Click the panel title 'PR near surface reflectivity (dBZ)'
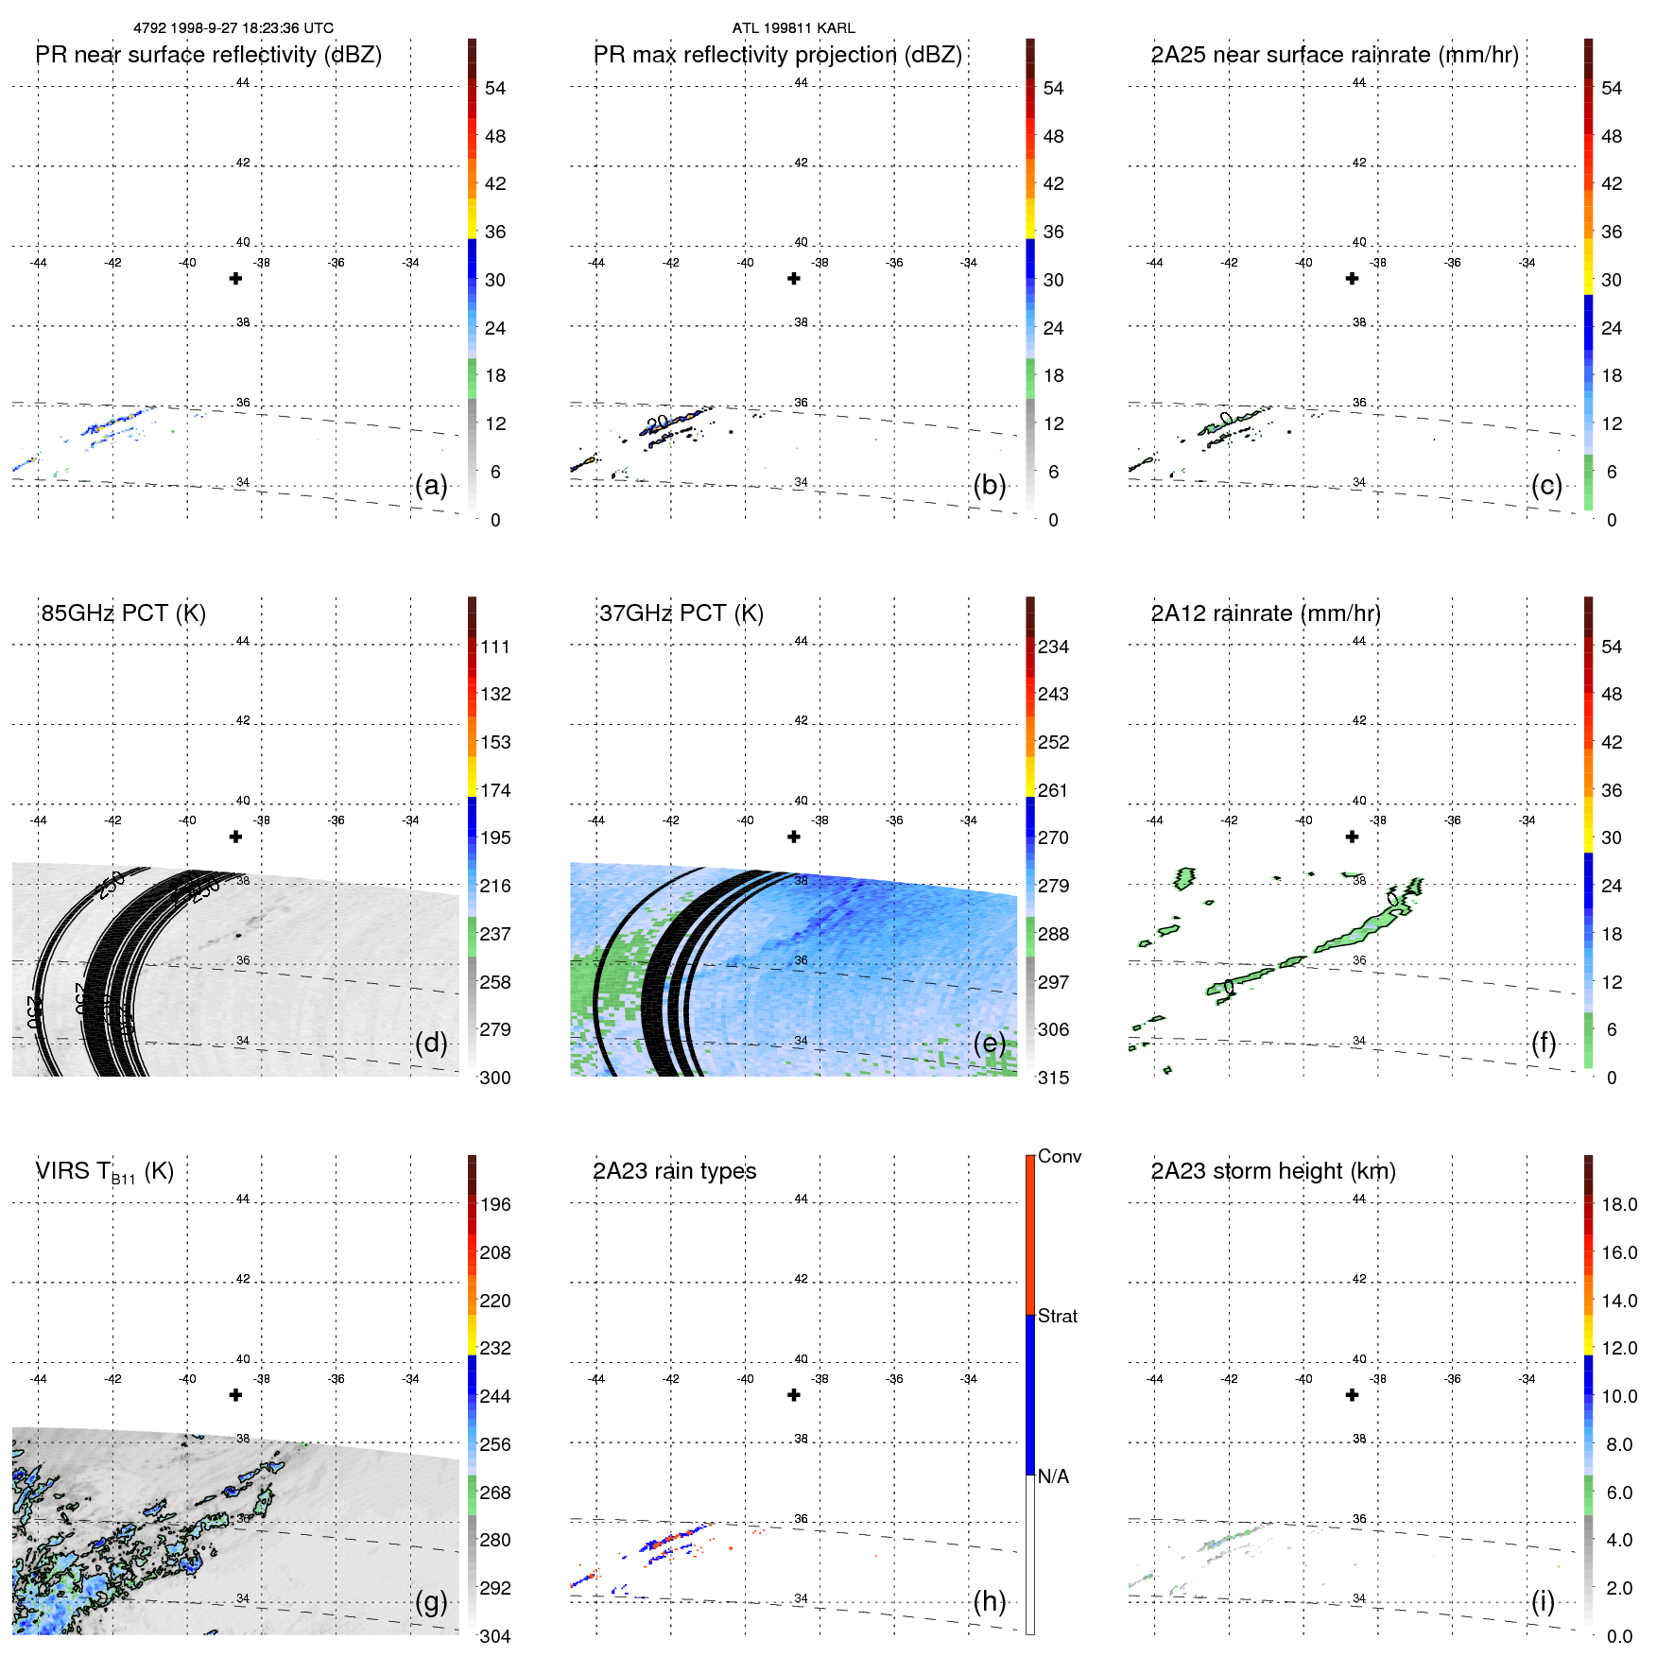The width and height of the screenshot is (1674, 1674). pyautogui.click(x=208, y=55)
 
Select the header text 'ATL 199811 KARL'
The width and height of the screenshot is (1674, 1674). pyautogui.click(x=793, y=28)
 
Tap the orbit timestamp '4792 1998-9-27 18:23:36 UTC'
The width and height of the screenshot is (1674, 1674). pyautogui.click(x=233, y=28)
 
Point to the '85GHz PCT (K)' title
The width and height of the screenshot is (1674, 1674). pyautogui.click(x=123, y=613)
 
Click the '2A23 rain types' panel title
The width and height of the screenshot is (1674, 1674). pyautogui.click(x=674, y=1171)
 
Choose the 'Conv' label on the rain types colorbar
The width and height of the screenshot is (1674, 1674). pyautogui.click(x=1059, y=1157)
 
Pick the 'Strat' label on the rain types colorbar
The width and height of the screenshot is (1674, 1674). pyautogui.click(x=1057, y=1317)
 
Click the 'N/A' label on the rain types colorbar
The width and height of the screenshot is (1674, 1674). pyautogui.click(x=1053, y=1476)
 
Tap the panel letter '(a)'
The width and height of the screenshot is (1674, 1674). pyautogui.click(x=431, y=486)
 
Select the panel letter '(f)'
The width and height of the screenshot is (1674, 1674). pyautogui.click(x=1544, y=1044)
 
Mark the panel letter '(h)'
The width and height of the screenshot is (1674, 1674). pyautogui.click(x=989, y=1601)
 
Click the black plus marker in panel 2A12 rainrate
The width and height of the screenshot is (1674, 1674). pyautogui.click(x=1352, y=837)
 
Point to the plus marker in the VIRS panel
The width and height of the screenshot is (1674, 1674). pyautogui.click(x=236, y=1395)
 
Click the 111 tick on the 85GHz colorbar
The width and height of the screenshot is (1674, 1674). pyautogui.click(x=495, y=647)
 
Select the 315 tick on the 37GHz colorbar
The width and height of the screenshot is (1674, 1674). pyautogui.click(x=1053, y=1079)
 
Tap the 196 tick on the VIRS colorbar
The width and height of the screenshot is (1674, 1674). pyautogui.click(x=495, y=1205)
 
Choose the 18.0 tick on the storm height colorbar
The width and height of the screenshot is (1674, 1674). pyautogui.click(x=1618, y=1205)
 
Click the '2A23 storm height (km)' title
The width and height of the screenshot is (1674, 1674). pyautogui.click(x=1272, y=1171)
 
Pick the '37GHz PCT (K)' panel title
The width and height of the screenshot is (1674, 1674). pyautogui.click(x=681, y=613)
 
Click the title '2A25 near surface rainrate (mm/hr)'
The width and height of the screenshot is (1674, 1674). pyautogui.click(x=1335, y=55)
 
